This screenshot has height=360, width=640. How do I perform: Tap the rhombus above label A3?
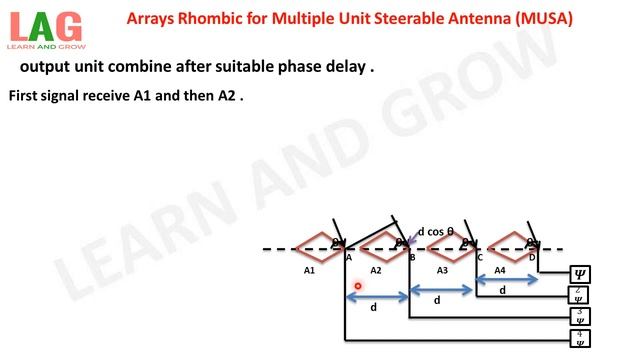click(x=446, y=246)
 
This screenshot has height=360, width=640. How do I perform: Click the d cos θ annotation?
click(x=436, y=232)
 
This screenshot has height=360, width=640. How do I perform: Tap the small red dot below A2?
click(x=357, y=286)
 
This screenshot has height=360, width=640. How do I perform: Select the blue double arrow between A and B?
click(x=377, y=296)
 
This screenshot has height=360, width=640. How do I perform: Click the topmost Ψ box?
click(x=579, y=274)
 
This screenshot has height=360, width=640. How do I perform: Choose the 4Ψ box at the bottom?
click(x=579, y=337)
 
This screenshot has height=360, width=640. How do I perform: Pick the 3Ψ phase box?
click(x=579, y=316)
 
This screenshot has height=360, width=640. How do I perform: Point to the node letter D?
click(x=532, y=258)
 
